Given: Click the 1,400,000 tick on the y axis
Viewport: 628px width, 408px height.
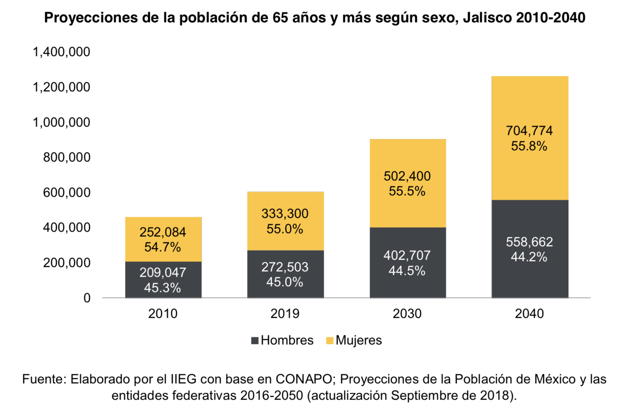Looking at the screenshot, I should (61, 52).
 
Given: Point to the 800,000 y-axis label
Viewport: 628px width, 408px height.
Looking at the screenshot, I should (67, 157).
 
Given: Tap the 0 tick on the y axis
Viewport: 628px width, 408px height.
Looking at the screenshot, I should (87, 298).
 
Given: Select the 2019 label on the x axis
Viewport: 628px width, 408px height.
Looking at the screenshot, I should (285, 313).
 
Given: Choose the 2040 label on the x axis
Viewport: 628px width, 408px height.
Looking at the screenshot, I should (529, 313).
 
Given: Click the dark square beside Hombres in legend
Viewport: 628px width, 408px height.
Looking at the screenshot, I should (255, 341).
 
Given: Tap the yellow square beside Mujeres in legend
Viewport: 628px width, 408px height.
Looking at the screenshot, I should (330, 341).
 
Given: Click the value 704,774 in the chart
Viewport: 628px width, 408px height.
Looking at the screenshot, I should (529, 131).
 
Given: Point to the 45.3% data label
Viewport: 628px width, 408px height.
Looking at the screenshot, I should (163, 288).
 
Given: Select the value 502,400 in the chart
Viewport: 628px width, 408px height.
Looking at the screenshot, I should (407, 176).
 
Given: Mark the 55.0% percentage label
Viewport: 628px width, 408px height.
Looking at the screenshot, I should (285, 229).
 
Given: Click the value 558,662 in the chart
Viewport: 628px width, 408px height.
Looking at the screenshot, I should (529, 242).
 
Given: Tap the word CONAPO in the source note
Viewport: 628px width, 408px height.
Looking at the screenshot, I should (304, 379).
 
